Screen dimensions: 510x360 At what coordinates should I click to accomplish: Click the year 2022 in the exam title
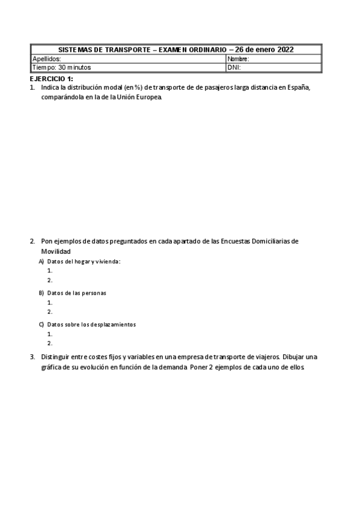click(x=282, y=50)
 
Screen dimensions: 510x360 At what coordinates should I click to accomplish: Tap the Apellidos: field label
click(x=46, y=59)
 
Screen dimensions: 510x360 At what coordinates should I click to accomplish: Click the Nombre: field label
click(x=239, y=59)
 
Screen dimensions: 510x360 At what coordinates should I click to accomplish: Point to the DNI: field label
click(x=234, y=67)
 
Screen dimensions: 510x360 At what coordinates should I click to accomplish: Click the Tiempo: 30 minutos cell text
click(x=61, y=67)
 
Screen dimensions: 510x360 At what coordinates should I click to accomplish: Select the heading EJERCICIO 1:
click(x=52, y=79)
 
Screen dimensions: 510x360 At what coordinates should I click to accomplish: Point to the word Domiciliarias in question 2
click(x=269, y=241)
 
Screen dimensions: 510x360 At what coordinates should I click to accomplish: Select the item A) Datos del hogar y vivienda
click(x=79, y=262)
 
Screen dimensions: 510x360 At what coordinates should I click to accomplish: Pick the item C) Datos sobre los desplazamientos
click(x=87, y=325)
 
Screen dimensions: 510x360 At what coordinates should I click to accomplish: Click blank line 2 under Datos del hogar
click(x=50, y=280)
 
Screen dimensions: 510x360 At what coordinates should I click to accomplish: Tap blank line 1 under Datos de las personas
click(x=50, y=303)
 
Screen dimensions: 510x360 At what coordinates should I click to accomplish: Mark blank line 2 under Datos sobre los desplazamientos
click(x=50, y=343)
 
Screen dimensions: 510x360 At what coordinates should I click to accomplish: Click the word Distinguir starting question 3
click(x=56, y=357)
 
